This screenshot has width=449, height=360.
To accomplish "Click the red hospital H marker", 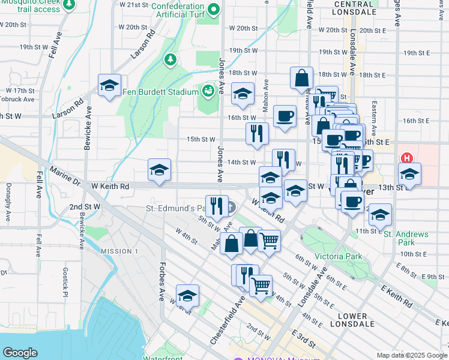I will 407,158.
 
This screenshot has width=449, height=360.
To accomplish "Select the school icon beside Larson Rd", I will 109,85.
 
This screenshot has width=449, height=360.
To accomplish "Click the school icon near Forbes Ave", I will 187,296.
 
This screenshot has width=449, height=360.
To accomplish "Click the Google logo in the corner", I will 20,353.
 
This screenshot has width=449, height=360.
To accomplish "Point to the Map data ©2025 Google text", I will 411,355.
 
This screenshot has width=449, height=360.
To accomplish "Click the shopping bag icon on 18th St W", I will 301,78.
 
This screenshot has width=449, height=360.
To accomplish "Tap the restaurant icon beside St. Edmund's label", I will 217,206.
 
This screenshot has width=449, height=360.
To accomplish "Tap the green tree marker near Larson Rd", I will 171,59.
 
